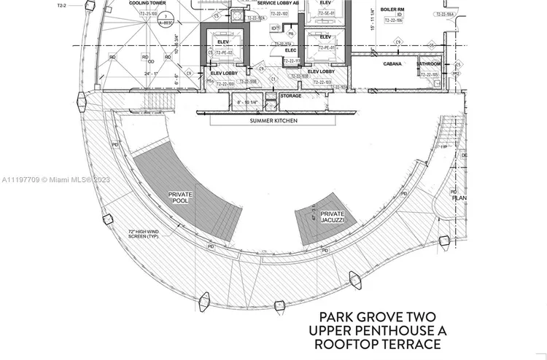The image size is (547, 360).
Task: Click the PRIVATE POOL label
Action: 180,199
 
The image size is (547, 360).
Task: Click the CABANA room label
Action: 393,64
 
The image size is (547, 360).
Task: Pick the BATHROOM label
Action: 428,64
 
